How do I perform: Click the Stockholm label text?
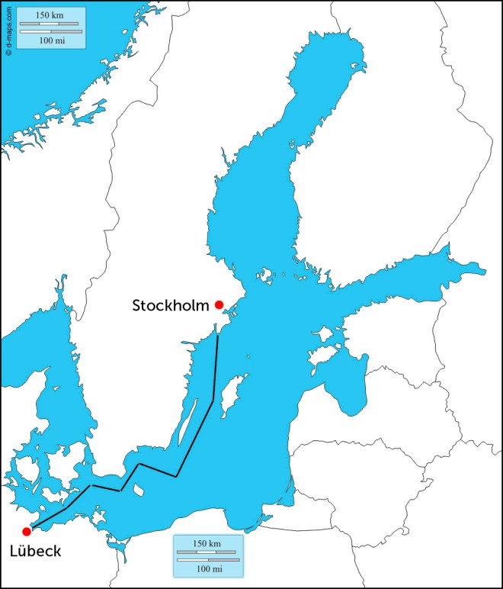171,306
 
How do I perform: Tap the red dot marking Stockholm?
219,304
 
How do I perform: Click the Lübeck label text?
36,551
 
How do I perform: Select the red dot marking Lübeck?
27,531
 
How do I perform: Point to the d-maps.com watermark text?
7,31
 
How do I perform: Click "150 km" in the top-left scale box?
50,15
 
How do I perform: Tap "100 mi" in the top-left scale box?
50,40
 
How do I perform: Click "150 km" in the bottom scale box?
207,543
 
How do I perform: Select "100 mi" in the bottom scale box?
207,568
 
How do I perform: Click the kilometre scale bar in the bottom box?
207,552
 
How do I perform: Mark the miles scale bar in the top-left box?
50,31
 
